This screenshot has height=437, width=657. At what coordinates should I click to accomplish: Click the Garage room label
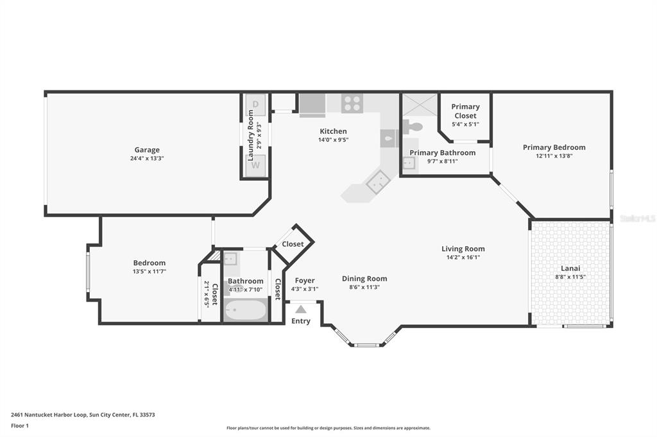(147, 150)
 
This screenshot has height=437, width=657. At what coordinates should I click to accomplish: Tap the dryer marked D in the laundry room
(255, 104)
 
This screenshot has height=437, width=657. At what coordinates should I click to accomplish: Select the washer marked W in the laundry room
(255, 165)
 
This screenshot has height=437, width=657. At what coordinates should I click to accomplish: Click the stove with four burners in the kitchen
(352, 103)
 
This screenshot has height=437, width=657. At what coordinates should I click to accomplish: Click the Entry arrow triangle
(301, 309)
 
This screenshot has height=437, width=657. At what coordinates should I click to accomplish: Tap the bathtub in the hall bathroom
(245, 311)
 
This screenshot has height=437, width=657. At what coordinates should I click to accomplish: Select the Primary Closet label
(465, 111)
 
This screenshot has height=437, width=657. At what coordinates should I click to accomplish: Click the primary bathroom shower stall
(420, 104)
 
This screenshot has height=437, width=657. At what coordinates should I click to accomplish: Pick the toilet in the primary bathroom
(413, 127)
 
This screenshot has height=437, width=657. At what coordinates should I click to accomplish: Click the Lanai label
(570, 268)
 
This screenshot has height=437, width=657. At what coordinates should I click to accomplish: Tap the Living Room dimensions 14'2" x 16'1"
(463, 258)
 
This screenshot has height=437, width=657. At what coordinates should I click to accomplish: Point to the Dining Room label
(364, 279)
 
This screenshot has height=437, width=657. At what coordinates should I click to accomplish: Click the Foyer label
(305, 280)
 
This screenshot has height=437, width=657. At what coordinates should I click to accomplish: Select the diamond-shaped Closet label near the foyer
(293, 244)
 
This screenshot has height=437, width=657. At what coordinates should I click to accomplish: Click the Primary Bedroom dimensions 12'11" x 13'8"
(554, 156)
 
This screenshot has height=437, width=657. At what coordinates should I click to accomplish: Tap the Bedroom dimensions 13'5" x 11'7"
(149, 272)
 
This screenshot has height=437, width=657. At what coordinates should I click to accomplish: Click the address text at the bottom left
(83, 415)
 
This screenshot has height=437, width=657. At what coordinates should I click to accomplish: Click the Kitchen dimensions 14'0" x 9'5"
(333, 140)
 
